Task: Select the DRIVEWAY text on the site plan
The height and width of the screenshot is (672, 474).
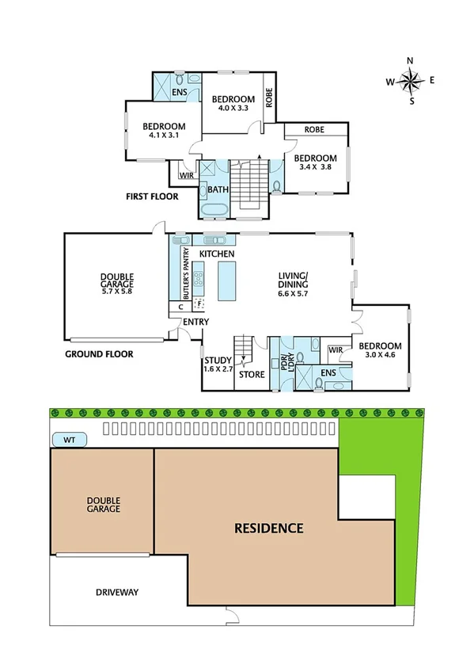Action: (x=116, y=592)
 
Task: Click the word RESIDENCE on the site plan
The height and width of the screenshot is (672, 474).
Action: (x=268, y=528)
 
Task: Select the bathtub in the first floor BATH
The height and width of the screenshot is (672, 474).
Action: (x=213, y=210)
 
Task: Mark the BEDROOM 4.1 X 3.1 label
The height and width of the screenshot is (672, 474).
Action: (x=164, y=131)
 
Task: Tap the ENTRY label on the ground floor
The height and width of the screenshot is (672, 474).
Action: (x=195, y=322)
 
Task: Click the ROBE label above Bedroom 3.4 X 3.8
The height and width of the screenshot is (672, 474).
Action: (x=315, y=129)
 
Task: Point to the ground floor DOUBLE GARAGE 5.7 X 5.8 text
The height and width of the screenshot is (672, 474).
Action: (x=116, y=283)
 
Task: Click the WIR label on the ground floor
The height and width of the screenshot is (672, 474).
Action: (x=335, y=349)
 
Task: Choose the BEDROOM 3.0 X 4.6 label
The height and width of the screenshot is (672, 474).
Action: (x=379, y=351)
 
